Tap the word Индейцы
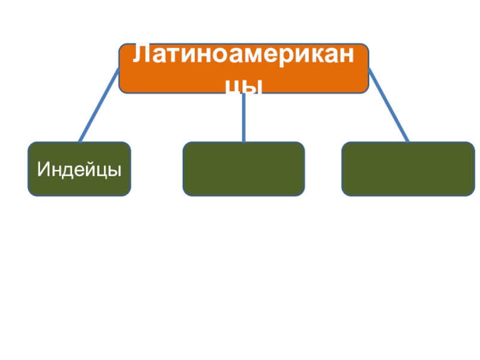[x=79, y=169]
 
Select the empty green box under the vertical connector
[x=243, y=169]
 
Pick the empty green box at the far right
[x=408, y=169]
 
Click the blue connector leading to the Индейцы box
[x=99, y=105]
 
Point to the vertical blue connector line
[x=243, y=117]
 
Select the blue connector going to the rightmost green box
[x=388, y=105]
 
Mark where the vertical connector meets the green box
[x=243, y=142]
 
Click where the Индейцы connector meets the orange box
[x=118, y=70]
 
